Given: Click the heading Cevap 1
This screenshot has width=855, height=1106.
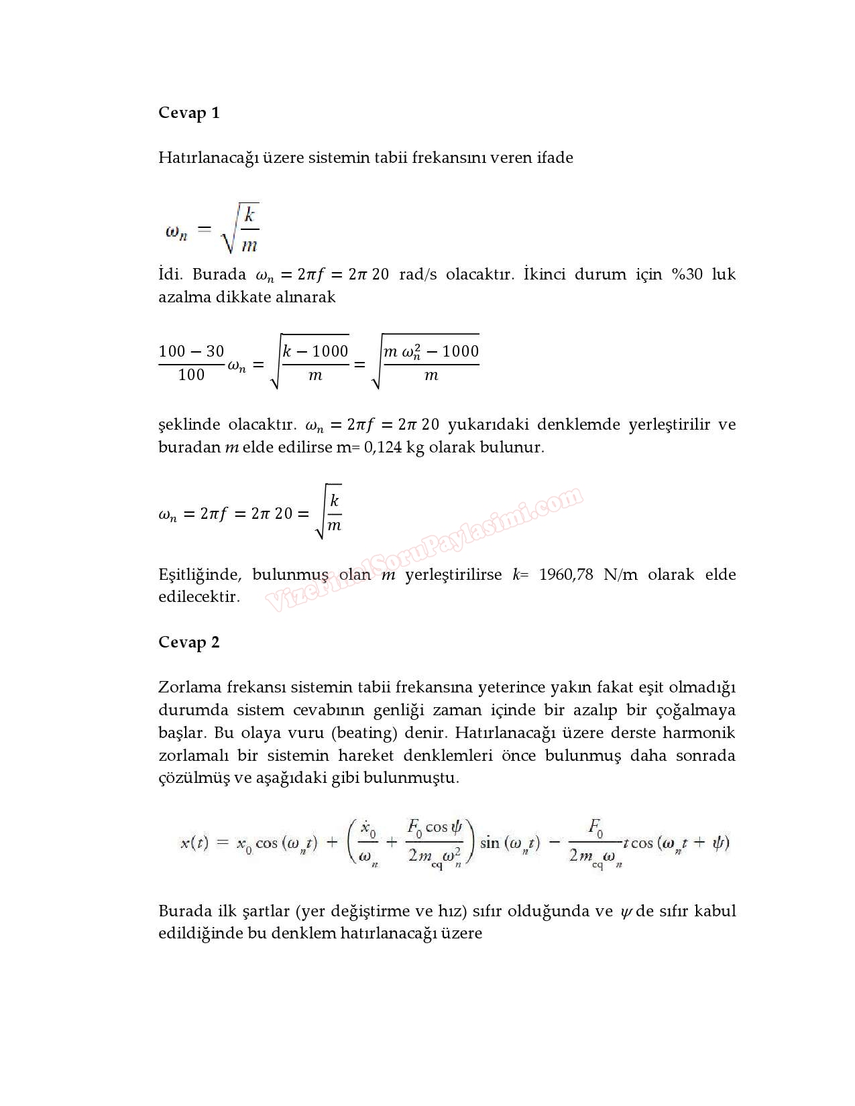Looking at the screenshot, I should click(188, 113).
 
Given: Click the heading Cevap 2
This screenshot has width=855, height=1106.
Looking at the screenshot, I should click(188, 642).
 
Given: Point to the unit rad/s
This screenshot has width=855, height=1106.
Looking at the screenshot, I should click(418, 274).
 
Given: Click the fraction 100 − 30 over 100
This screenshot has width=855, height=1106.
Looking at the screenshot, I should click(191, 363).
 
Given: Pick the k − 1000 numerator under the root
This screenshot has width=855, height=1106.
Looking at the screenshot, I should click(315, 351).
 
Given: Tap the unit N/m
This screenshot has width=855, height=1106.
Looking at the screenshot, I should click(620, 574).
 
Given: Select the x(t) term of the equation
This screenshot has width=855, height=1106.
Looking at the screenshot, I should click(194, 843).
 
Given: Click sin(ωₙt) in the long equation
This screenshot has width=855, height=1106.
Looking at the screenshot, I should click(510, 843).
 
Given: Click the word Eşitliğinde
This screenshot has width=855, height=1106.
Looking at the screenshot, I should click(200, 575).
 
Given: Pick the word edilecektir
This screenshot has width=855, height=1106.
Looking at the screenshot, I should click(198, 597).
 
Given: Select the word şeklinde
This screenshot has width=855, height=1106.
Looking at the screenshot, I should click(189, 425).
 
